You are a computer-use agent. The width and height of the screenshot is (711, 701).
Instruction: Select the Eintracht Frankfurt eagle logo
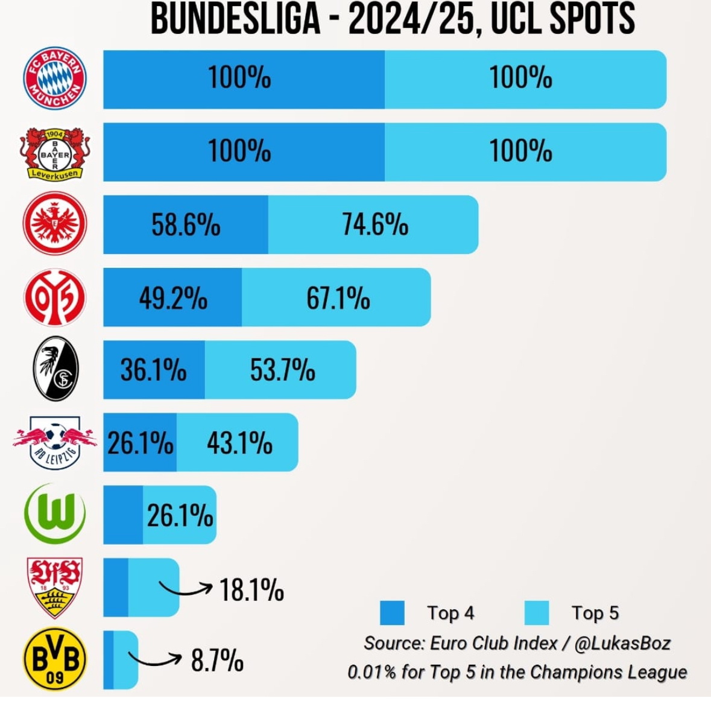tap(55, 223)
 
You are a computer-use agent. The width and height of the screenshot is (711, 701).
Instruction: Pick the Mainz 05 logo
tap(55, 297)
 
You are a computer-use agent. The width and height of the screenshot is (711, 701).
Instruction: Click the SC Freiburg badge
tap(55, 369)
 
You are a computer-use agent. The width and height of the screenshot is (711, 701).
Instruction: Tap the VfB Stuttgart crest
tap(55, 587)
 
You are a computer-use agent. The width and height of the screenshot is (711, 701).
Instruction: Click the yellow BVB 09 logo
tap(55, 661)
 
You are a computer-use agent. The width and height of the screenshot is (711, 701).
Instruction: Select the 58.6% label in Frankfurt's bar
tap(186, 225)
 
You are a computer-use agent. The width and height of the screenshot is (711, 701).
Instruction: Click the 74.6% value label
tap(374, 225)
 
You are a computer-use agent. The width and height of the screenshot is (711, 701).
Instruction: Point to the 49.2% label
tap(173, 298)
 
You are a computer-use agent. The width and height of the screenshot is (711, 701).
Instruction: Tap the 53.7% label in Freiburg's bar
tap(282, 370)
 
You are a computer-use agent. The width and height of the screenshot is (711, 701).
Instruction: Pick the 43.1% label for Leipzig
tap(239, 443)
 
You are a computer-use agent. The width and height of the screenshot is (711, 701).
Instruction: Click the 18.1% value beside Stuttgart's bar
tap(251, 589)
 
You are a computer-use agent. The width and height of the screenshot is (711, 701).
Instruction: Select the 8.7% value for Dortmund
tap(218, 661)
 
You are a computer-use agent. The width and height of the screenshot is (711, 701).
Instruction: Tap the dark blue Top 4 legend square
tap(392, 613)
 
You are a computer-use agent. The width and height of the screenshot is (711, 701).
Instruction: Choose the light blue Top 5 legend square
tap(537, 613)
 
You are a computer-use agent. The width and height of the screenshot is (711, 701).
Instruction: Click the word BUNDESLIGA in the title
tap(235, 19)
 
